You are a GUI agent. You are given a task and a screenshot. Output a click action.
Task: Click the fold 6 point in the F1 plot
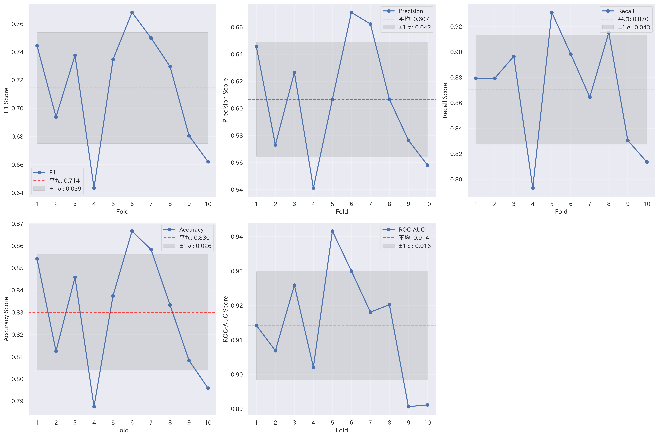click(132, 13)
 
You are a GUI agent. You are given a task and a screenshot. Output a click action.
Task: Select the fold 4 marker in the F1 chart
click(94, 188)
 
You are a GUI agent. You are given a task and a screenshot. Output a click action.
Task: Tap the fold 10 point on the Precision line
click(427, 165)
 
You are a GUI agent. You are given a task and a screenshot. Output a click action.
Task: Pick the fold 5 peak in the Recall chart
click(552, 13)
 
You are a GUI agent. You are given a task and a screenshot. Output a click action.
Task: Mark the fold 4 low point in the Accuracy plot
click(94, 407)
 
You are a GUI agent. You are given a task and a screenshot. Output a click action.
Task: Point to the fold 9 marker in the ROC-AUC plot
click(408, 407)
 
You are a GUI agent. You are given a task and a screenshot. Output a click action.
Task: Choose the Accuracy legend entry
click(191, 230)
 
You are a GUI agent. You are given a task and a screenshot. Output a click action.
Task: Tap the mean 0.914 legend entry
click(414, 238)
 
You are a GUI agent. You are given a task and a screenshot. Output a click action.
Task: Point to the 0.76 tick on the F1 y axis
click(17, 24)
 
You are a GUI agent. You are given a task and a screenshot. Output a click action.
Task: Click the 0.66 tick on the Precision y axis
click(237, 27)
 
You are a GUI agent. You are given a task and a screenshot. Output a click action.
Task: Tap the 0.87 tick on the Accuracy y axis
click(17, 224)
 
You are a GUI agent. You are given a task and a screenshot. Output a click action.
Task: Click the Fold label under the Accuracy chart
click(122, 430)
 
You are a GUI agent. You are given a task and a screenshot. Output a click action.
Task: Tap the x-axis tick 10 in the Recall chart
click(647, 204)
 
